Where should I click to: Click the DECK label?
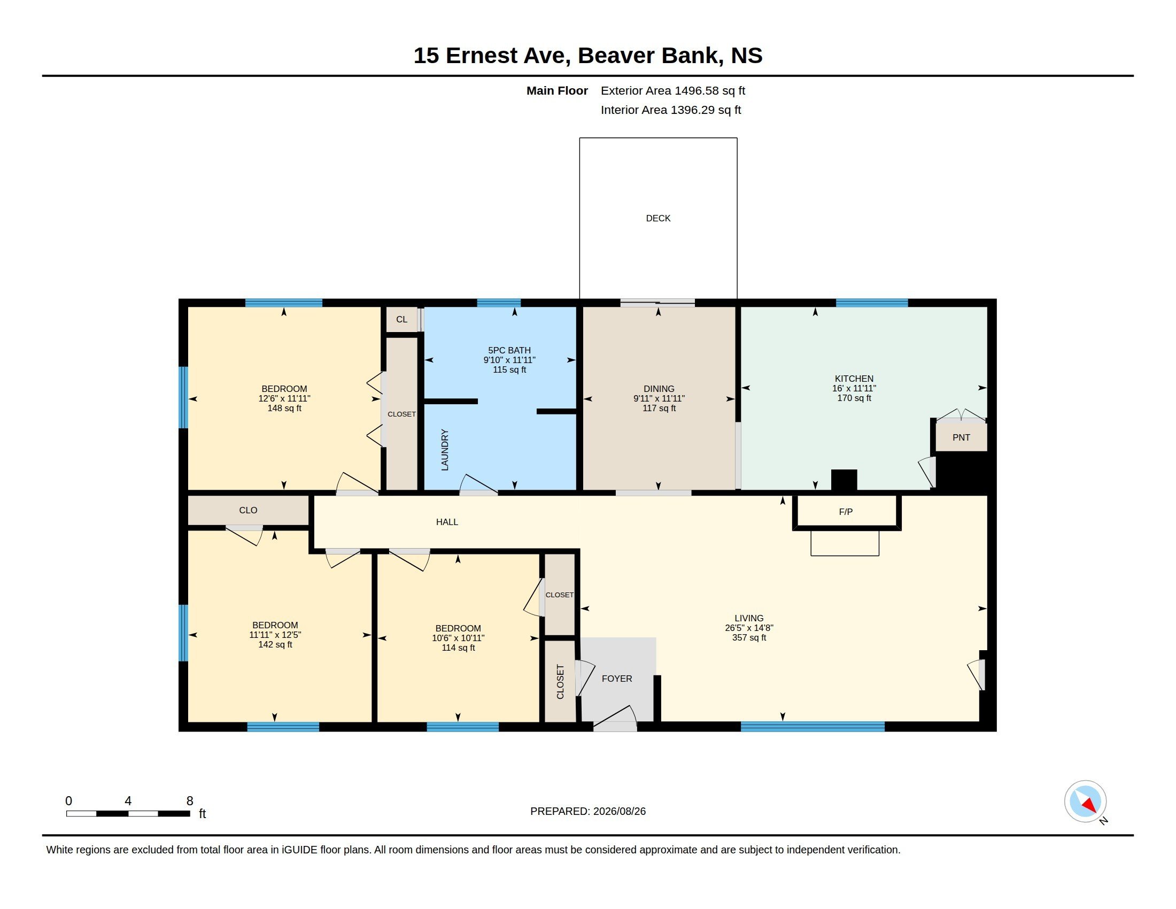click(x=658, y=218)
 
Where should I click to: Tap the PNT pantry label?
click(x=961, y=437)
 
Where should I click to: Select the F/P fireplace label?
click(x=846, y=512)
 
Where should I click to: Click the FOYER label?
click(x=616, y=679)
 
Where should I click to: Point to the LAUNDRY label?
click(x=445, y=450)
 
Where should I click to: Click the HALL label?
click(x=447, y=522)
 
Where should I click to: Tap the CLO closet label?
click(x=248, y=510)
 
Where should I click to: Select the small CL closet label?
click(x=401, y=319)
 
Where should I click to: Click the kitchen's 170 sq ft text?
click(x=854, y=398)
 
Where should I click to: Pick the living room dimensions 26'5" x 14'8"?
click(x=749, y=628)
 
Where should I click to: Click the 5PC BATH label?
click(x=509, y=350)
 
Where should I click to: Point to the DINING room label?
click(x=659, y=389)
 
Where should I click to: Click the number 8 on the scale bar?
click(x=190, y=801)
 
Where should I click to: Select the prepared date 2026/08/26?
click(x=619, y=811)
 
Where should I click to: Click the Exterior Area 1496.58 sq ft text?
click(x=673, y=90)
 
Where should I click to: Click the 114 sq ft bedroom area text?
click(x=458, y=648)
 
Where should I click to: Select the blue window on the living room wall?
click(x=813, y=727)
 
